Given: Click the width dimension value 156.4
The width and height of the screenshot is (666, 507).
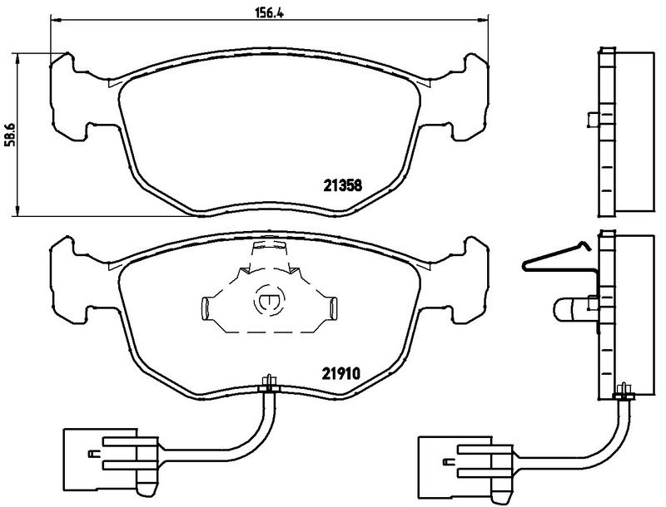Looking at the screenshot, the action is pos(269,12).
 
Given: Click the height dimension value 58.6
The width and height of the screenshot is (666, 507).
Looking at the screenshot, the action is pos(10,135).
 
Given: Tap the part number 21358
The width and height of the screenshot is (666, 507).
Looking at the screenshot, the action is pos(343,185).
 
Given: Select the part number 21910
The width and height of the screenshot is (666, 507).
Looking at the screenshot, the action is pos(341,373).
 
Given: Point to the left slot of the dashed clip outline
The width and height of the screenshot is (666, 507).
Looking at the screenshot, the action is pos(205,308).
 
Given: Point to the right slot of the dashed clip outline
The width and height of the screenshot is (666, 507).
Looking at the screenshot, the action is pos(334,308).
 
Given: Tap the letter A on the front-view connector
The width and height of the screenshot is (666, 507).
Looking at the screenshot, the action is pos(94,454).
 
